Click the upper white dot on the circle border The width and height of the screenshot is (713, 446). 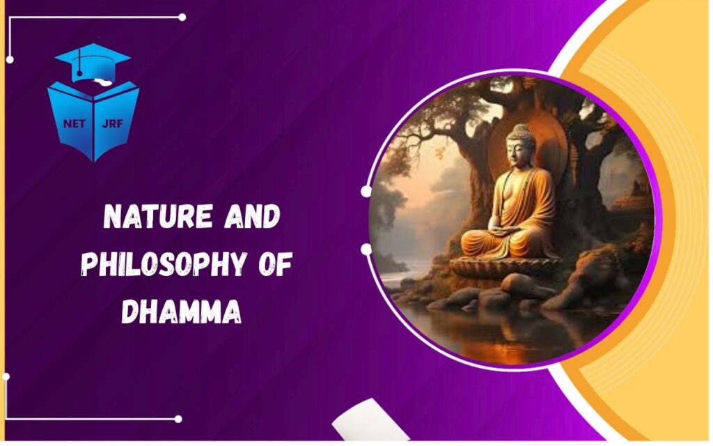point(366,191)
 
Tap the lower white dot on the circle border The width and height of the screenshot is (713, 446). point(366,248)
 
